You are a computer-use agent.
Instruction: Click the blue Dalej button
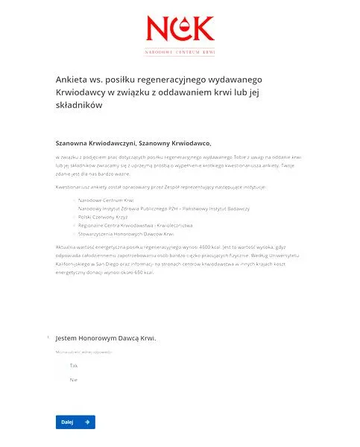[75, 422]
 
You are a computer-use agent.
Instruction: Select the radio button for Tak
[62, 366]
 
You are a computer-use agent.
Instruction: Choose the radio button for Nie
[62, 380]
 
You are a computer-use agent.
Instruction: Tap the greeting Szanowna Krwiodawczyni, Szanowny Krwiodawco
[133, 143]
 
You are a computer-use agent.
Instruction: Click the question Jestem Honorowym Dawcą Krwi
[106, 337]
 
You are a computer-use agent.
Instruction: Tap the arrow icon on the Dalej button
[87, 422]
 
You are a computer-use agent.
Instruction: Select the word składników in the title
[79, 106]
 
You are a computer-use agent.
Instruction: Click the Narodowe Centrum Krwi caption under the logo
[180, 54]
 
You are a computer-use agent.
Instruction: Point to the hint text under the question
[83, 352]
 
